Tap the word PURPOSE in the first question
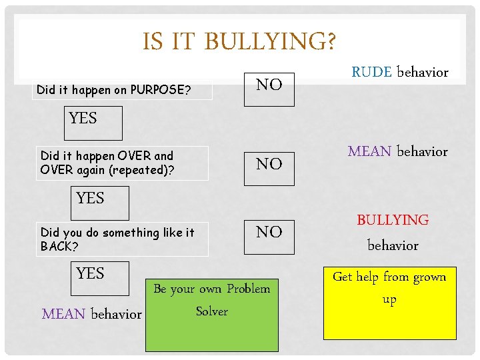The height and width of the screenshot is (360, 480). (x=160, y=89)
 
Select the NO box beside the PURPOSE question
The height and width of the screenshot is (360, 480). (x=269, y=85)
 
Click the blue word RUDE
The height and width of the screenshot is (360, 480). (x=371, y=72)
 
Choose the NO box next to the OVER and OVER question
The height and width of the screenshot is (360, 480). (x=269, y=164)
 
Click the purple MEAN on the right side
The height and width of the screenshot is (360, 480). (x=369, y=151)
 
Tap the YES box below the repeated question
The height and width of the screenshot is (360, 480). (x=91, y=199)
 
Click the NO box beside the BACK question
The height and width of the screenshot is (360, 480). (x=269, y=232)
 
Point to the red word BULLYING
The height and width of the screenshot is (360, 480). (x=393, y=220)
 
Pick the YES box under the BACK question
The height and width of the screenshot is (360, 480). (x=91, y=274)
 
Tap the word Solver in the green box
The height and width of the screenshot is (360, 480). (x=212, y=311)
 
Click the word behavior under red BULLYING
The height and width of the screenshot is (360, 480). (x=393, y=245)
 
